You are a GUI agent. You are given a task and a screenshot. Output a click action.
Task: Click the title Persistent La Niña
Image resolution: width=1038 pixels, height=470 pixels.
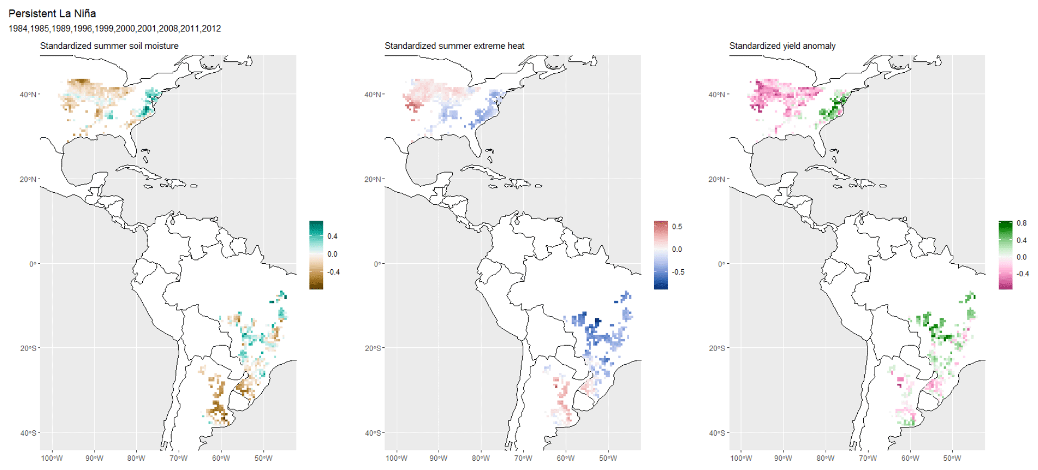tap(52, 14)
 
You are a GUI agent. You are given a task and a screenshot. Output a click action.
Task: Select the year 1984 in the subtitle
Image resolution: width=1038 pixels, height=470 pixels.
tap(18, 29)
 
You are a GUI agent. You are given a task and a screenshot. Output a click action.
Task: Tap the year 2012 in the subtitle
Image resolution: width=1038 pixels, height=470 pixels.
tap(211, 29)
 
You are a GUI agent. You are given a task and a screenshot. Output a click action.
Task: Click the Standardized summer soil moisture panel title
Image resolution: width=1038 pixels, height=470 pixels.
tap(109, 46)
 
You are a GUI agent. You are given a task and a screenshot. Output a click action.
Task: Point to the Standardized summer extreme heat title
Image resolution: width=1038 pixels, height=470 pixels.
tap(454, 46)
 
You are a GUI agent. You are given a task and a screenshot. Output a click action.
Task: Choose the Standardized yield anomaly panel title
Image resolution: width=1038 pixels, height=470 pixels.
tap(782, 46)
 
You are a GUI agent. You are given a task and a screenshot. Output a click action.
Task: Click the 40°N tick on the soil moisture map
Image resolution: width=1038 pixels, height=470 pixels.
tap(28, 94)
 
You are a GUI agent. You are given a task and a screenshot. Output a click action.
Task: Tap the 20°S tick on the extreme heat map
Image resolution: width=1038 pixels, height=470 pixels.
tap(372, 348)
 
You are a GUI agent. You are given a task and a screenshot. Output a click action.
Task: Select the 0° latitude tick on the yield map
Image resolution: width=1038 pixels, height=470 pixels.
tap(721, 264)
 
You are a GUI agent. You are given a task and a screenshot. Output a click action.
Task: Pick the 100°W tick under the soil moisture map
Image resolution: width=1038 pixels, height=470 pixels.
tap(52, 458)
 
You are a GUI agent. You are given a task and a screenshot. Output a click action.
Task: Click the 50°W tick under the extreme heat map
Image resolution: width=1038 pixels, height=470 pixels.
tap(608, 458)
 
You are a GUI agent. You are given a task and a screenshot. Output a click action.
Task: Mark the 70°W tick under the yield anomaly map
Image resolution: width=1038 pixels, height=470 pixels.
tap(868, 458)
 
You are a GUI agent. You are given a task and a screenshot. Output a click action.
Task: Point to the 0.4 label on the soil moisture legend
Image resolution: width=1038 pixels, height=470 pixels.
tap(332, 236)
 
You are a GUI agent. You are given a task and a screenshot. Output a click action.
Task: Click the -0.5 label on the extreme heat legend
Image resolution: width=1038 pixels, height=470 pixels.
tap(678, 272)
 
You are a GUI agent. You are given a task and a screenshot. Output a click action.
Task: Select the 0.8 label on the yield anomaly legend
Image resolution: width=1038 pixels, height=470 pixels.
tap(1022, 223)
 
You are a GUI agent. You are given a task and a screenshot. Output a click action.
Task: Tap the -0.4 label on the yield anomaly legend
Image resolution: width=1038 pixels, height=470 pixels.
tap(1022, 274)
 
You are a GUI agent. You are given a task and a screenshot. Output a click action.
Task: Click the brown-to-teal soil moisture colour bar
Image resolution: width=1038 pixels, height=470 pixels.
tap(316, 255)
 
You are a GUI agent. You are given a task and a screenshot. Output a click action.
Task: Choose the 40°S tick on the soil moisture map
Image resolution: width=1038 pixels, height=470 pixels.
tap(28, 433)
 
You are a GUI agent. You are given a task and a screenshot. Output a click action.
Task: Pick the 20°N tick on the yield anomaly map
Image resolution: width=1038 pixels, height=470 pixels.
tap(717, 179)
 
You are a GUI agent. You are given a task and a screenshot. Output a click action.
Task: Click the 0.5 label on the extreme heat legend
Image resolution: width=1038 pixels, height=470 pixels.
tap(677, 227)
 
